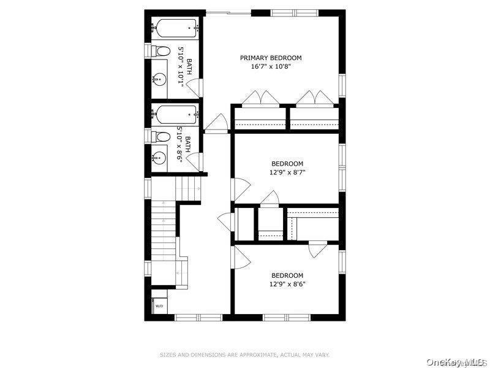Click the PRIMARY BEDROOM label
tap(270, 58)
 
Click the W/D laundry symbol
tap(159, 305)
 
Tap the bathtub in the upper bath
tap(175, 28)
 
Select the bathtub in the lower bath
tap(175, 114)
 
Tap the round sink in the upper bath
tap(160, 78)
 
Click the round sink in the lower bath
tap(160, 156)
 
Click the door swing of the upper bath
tap(193, 88)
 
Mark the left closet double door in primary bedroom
tap(262, 98)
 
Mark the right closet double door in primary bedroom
tap(314, 98)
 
